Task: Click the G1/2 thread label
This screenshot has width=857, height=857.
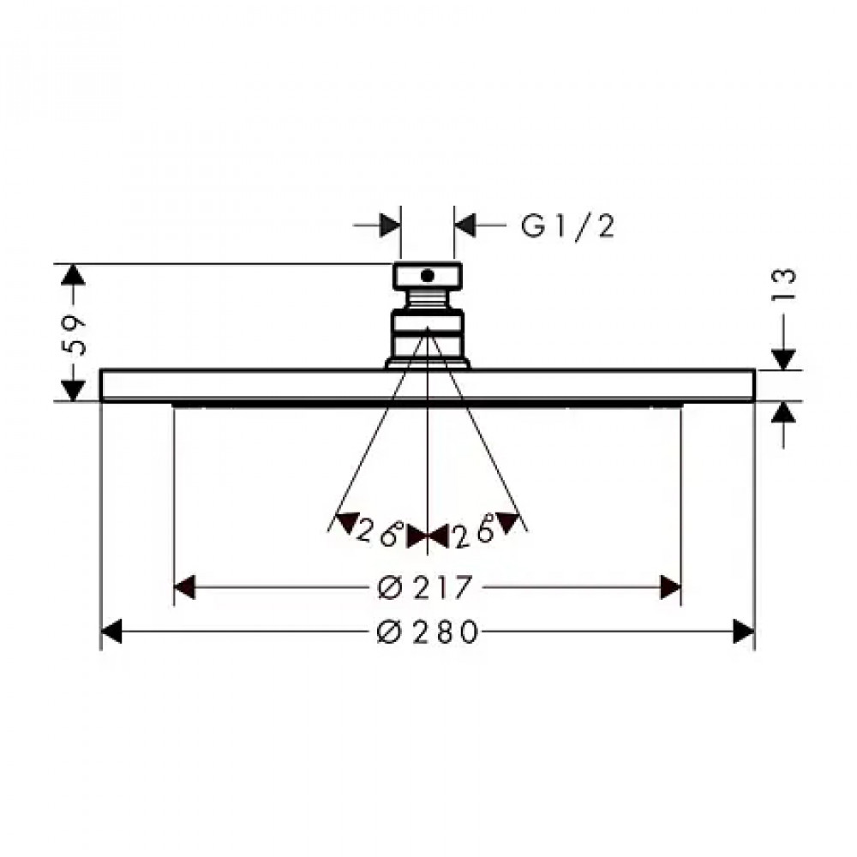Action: (x=568, y=225)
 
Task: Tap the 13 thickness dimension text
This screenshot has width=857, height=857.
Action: (x=784, y=285)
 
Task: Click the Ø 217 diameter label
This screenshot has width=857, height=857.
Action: (x=424, y=588)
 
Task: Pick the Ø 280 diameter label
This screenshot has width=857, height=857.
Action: (x=428, y=632)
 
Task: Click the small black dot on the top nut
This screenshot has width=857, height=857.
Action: (x=428, y=275)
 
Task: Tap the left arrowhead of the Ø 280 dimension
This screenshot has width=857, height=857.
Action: (x=111, y=632)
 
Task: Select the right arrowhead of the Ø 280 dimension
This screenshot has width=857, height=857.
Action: (x=744, y=632)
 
